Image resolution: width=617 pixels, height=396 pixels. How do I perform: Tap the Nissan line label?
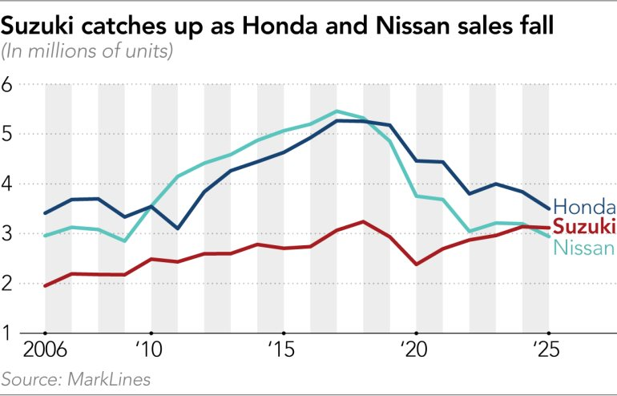click(584, 248)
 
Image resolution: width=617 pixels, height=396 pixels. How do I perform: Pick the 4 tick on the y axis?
click(10, 184)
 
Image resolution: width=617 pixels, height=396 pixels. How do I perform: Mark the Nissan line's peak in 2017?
click(337, 111)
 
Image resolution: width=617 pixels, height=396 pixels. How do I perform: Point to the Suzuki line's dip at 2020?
click(416, 265)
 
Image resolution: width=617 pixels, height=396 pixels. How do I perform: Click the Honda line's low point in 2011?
click(178, 229)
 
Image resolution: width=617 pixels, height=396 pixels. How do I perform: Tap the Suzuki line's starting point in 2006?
click(45, 285)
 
